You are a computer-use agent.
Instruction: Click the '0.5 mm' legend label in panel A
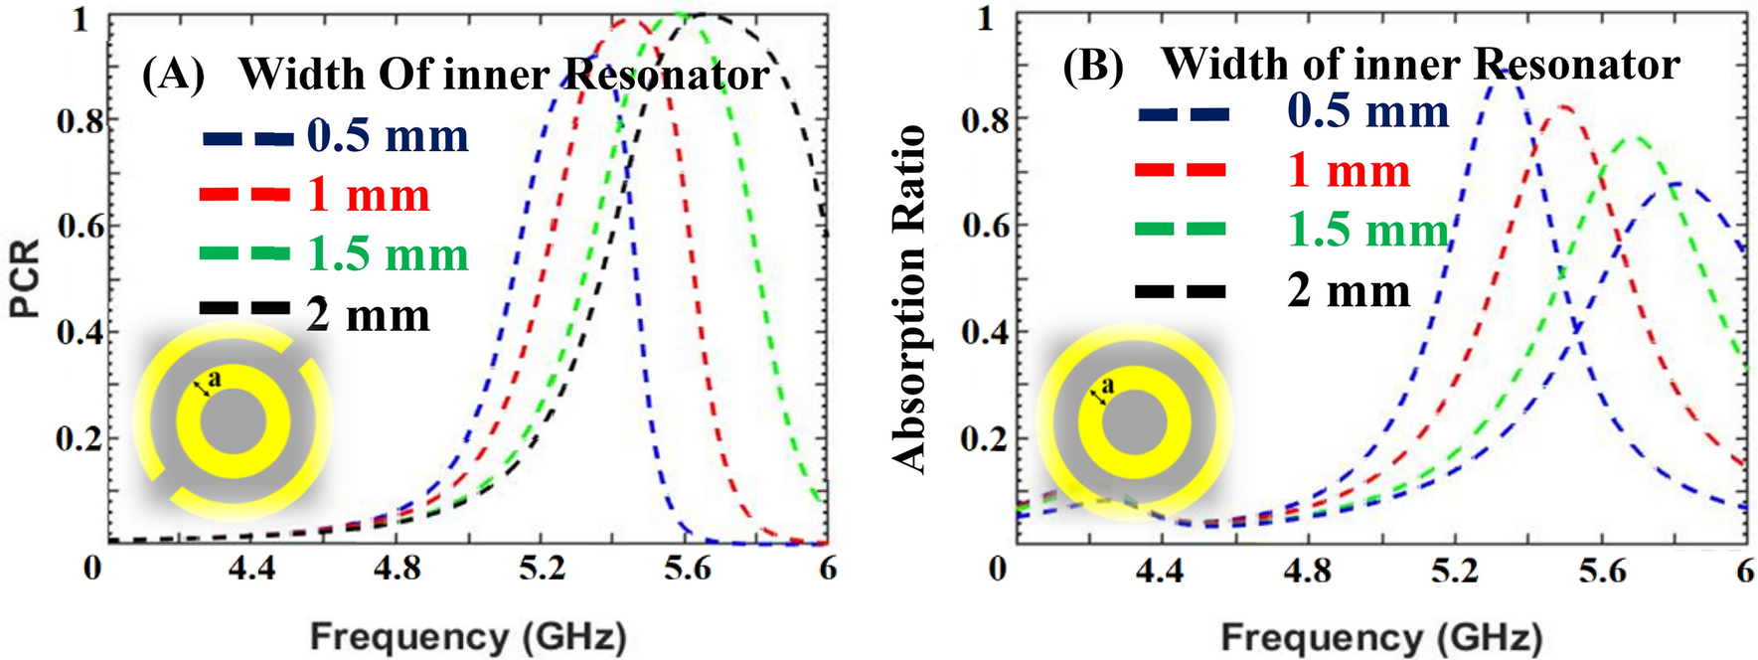387,135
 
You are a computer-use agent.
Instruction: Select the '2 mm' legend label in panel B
1348,290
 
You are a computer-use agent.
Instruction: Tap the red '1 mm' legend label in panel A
368,195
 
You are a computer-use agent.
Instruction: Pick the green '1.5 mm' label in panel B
1367,230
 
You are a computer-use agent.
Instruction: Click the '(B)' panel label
1093,66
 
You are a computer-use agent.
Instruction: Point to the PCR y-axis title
26,277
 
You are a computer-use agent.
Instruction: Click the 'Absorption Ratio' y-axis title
909,298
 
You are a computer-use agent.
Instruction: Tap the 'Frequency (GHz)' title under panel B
1381,636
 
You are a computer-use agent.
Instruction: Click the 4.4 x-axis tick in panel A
251,569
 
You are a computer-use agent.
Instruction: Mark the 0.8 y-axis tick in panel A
79,120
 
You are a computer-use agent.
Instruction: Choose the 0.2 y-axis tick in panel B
984,437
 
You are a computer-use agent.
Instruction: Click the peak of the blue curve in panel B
1504,72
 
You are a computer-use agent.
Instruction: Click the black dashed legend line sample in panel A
244,309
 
